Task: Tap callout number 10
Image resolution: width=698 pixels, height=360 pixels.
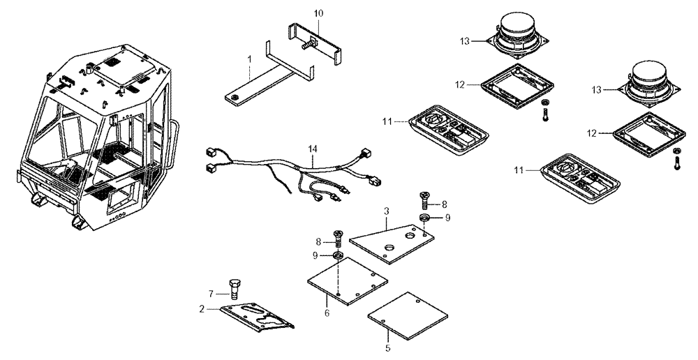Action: tap(318, 13)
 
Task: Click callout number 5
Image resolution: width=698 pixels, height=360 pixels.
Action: tap(388, 347)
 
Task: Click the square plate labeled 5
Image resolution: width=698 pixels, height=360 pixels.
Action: tap(403, 315)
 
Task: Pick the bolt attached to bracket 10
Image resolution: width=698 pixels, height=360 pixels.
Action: tap(306, 45)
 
